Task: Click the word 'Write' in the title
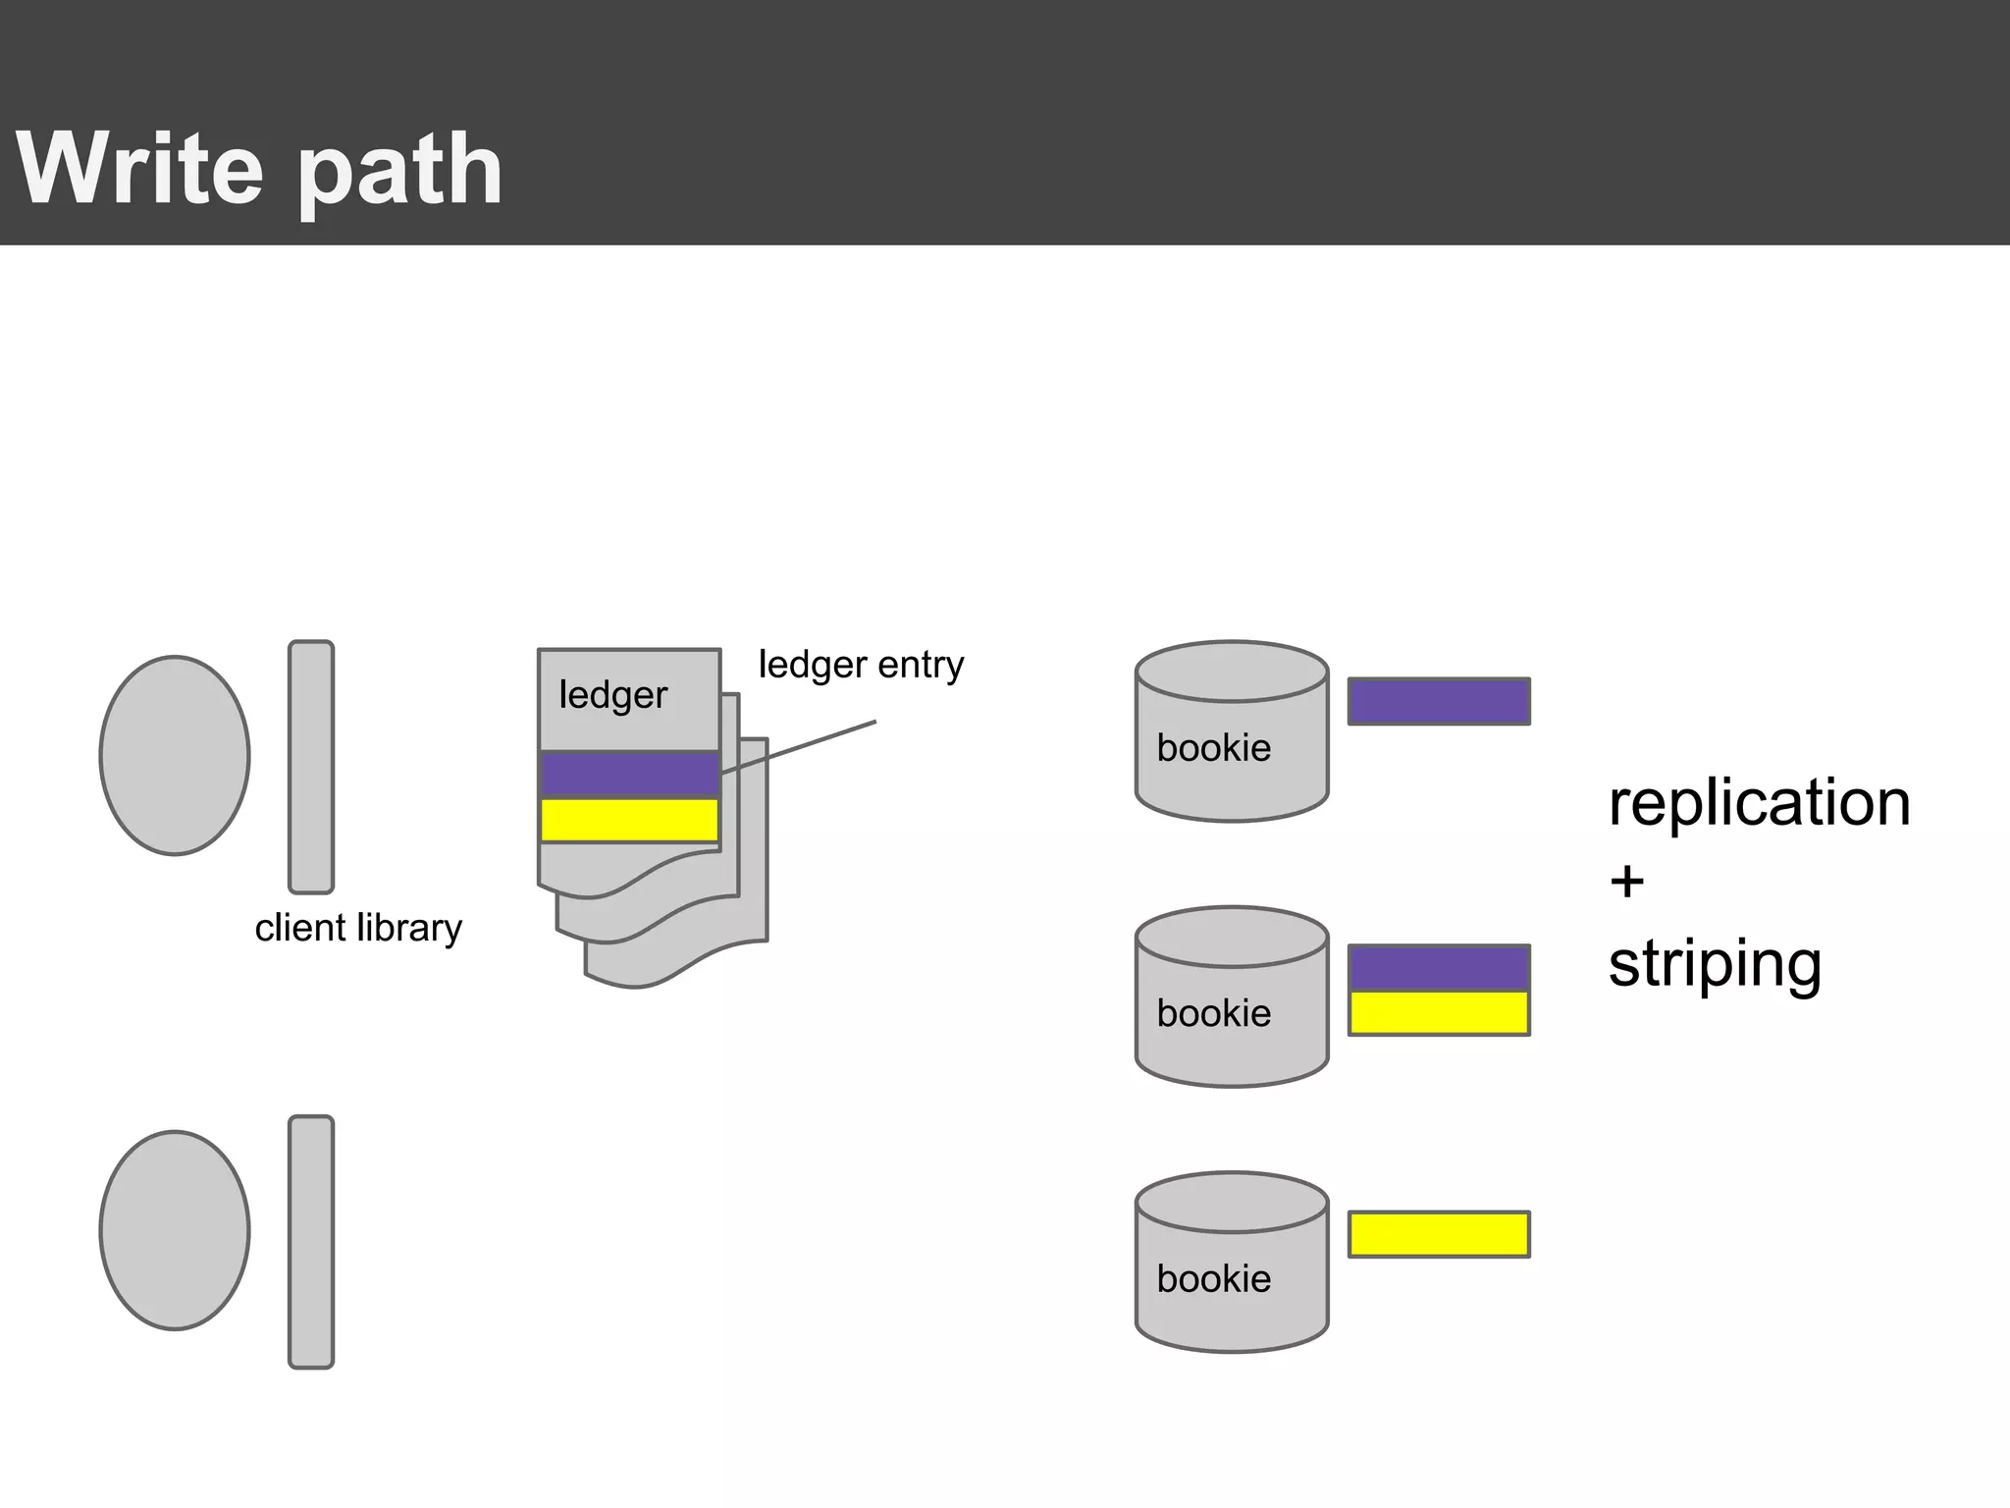click(140, 169)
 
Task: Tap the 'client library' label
click(358, 928)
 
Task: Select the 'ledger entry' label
click(861, 665)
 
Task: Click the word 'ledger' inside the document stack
click(612, 695)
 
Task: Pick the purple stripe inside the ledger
click(629, 774)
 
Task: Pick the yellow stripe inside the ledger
click(629, 820)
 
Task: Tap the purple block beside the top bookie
click(1439, 701)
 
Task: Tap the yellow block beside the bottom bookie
click(1439, 1234)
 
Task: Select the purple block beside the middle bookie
click(1439, 968)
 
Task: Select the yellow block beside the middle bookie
click(1439, 1012)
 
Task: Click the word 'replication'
click(1759, 803)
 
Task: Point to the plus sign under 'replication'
click(1626, 882)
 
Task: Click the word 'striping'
click(1715, 964)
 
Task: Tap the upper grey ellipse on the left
click(175, 755)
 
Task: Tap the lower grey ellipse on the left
click(175, 1230)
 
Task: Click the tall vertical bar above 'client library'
click(311, 767)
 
